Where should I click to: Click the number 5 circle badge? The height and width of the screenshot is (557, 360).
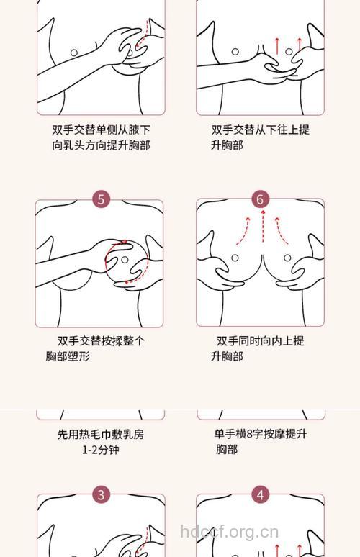(x=101, y=199)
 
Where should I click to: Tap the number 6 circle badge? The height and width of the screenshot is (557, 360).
(x=261, y=199)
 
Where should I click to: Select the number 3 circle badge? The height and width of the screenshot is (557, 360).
(x=101, y=494)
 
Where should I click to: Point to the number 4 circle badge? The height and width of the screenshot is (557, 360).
(x=261, y=494)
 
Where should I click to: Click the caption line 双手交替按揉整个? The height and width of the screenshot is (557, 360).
(x=101, y=341)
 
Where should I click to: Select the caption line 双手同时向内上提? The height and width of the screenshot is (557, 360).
(x=261, y=341)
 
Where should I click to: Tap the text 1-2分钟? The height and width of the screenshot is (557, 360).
(x=100, y=450)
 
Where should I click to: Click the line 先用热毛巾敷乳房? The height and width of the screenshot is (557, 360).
(x=101, y=435)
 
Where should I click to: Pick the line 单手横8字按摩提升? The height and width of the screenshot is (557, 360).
(x=261, y=434)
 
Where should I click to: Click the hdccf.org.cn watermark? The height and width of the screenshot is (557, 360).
(x=228, y=533)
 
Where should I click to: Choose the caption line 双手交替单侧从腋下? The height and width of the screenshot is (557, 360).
(x=101, y=130)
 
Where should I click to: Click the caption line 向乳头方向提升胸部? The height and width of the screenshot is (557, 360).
(x=101, y=145)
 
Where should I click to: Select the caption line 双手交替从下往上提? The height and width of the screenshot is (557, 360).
(x=261, y=130)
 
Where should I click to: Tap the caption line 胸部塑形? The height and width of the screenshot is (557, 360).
(x=68, y=356)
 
